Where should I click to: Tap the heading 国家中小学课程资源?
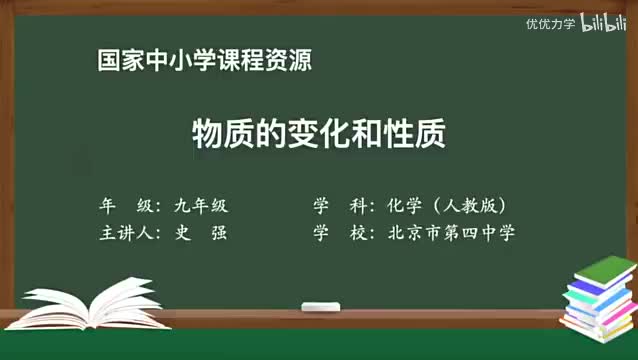click(x=204, y=60)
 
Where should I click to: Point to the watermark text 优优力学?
click(x=551, y=24)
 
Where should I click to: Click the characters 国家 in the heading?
click(x=120, y=60)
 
